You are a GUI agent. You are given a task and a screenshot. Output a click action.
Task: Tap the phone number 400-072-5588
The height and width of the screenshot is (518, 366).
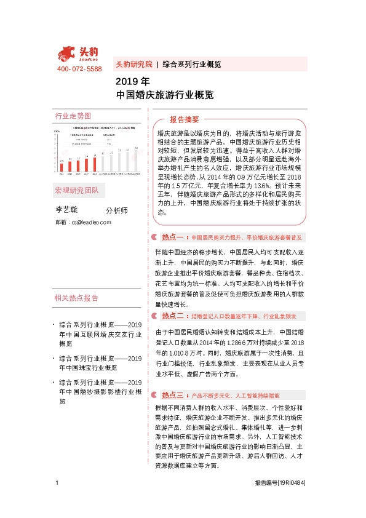click(x=79, y=69)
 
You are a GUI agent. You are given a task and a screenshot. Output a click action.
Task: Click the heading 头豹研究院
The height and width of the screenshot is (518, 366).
click(x=133, y=64)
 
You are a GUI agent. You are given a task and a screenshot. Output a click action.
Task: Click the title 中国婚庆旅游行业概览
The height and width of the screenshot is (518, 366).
click(x=165, y=95)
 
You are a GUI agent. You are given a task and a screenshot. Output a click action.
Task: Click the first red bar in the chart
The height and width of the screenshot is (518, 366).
click(x=62, y=163)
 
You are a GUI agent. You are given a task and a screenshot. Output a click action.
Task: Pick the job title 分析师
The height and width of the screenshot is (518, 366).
click(x=117, y=210)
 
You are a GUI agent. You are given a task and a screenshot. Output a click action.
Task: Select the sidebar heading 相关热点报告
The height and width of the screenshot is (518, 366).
click(x=76, y=298)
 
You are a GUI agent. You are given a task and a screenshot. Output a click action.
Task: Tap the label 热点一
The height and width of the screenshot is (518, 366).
click(x=173, y=237)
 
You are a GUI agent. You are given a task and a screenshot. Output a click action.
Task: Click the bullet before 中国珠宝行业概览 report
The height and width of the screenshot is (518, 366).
click(x=54, y=358)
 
